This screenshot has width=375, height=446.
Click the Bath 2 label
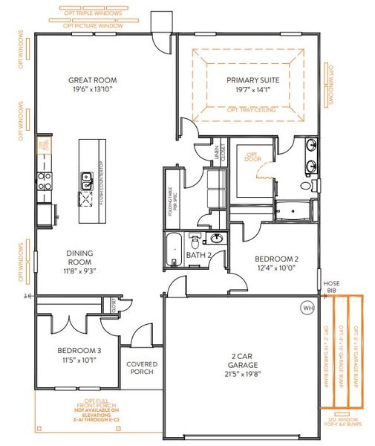coord(198,255)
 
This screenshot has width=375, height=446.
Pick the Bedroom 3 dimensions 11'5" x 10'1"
coord(79,360)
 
